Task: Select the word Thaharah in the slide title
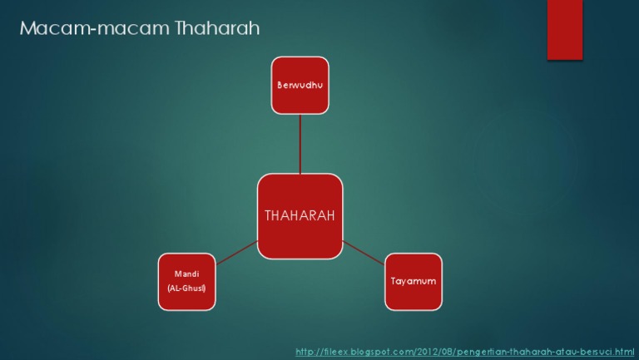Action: [x=218, y=29]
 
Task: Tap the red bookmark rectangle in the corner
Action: [x=564, y=29]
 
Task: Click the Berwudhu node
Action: [x=300, y=85]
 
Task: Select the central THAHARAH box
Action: [x=300, y=216]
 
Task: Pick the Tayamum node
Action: [x=414, y=282]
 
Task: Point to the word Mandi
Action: [x=186, y=274]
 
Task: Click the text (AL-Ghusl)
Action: [x=186, y=288]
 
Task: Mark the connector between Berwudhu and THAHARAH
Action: [x=300, y=143]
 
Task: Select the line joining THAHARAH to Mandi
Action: [x=236, y=254]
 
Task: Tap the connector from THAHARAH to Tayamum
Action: [x=364, y=253]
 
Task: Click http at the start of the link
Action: [x=305, y=353]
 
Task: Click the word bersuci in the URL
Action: [x=598, y=353]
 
